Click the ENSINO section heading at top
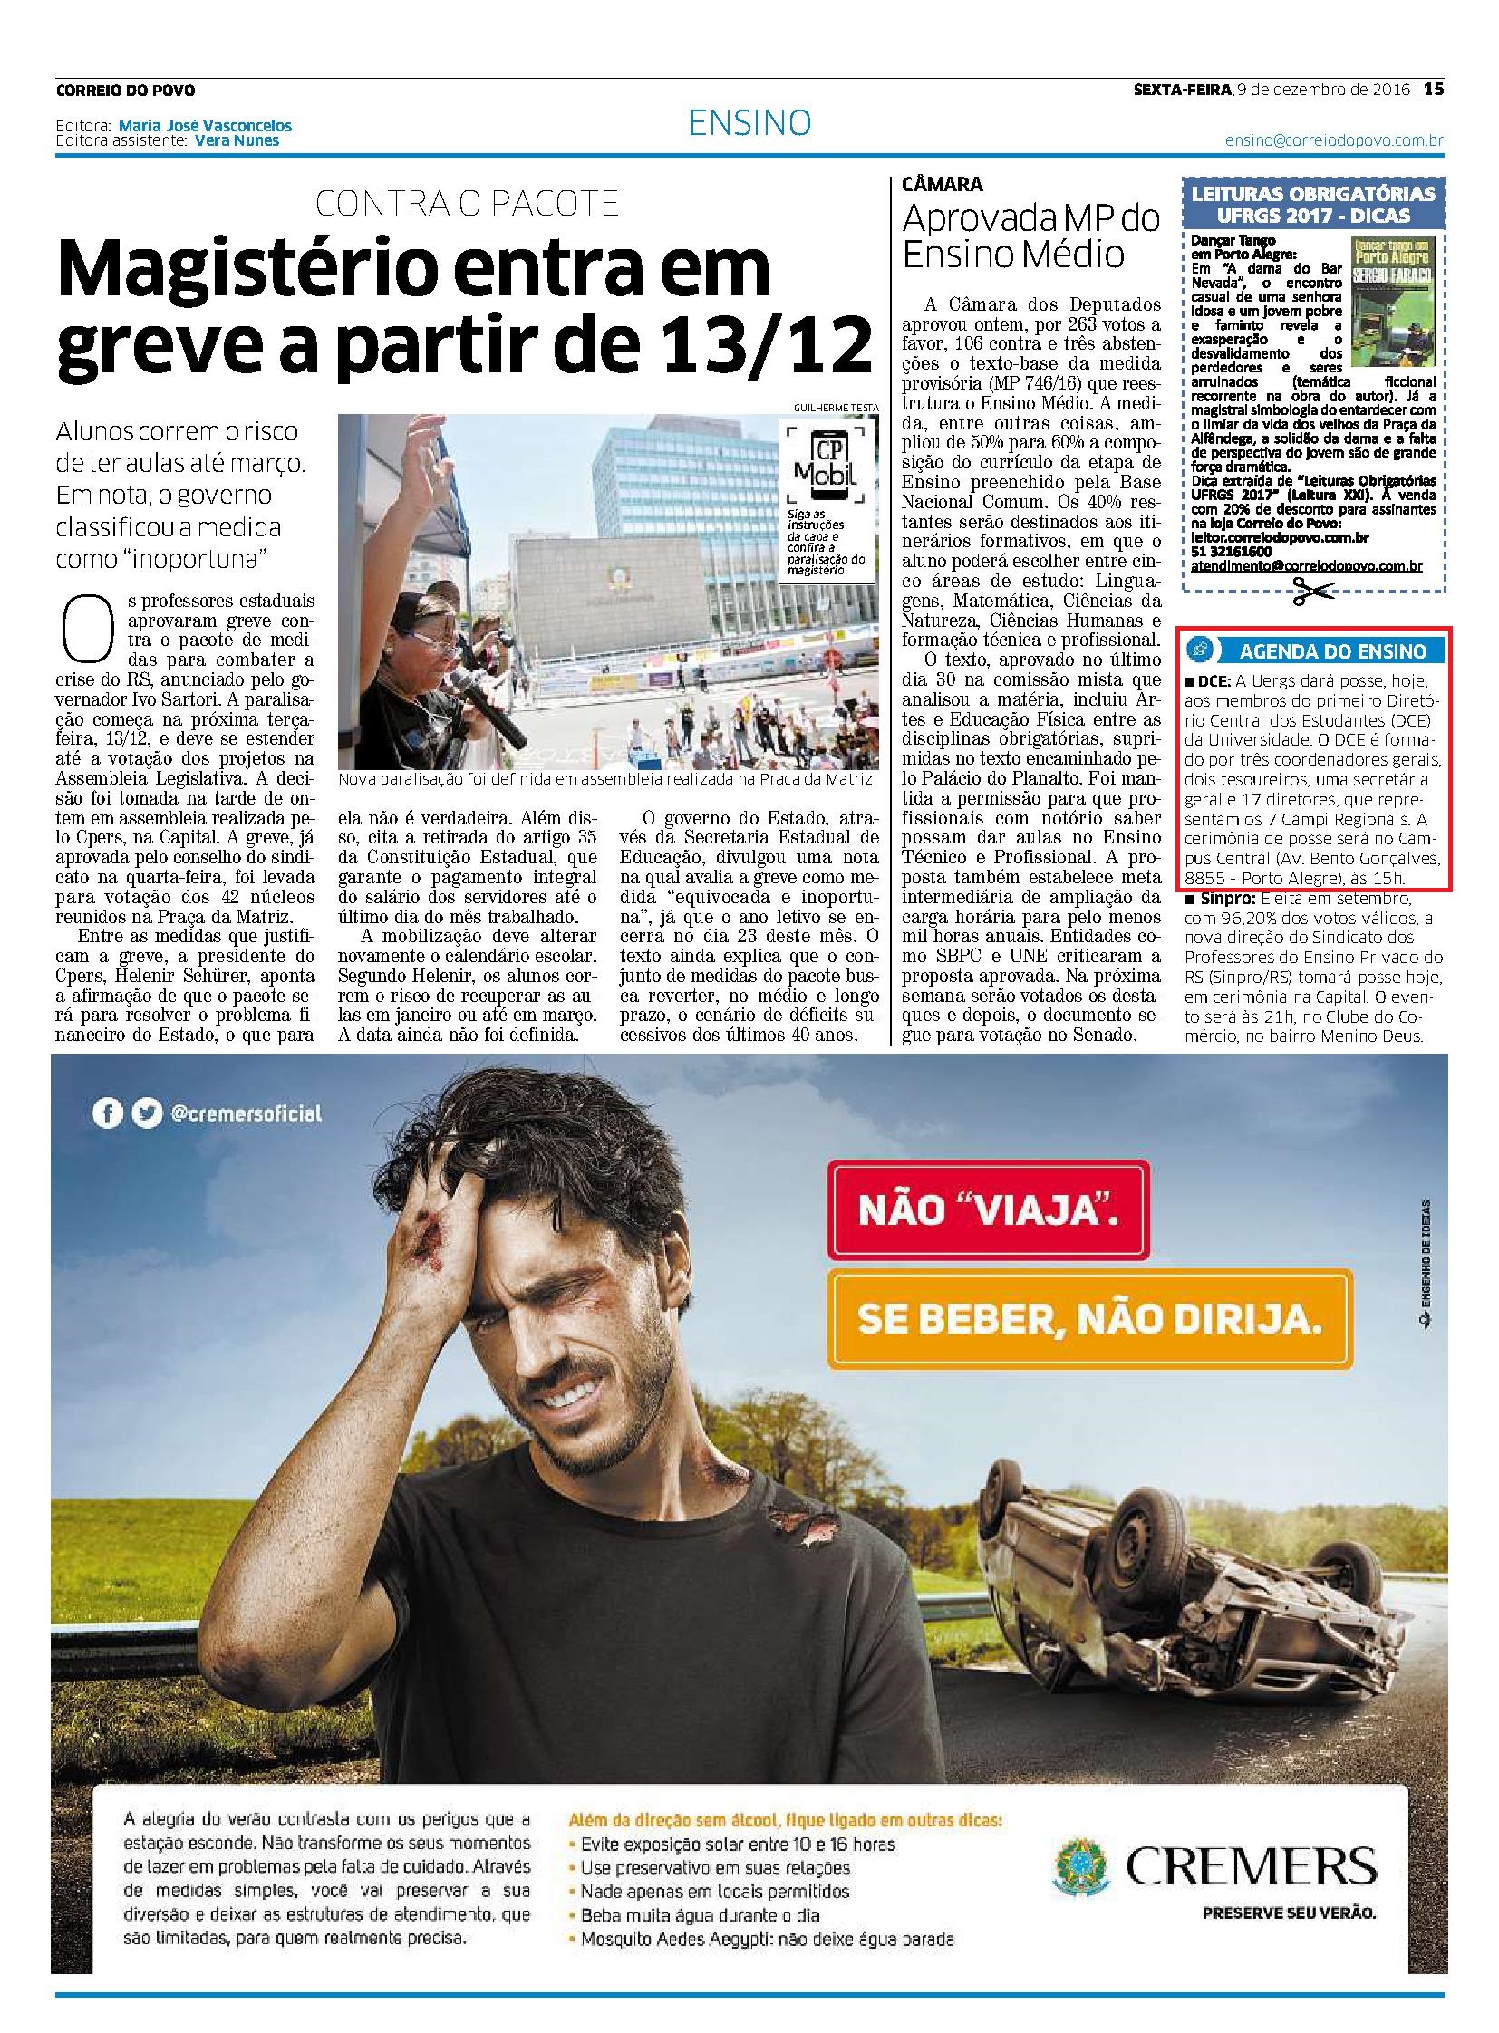pyautogui.click(x=749, y=123)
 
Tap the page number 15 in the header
pyautogui.click(x=1434, y=90)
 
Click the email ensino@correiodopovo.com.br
pyautogui.click(x=1334, y=141)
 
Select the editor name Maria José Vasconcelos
pyautogui.click(x=205, y=126)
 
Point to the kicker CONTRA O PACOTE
pyautogui.click(x=467, y=204)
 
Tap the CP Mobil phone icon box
pyautogui.click(x=818, y=463)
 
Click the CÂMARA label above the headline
pyautogui.click(x=942, y=184)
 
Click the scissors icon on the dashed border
pyautogui.click(x=1311, y=593)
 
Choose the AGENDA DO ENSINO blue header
pyautogui.click(x=1312, y=650)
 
